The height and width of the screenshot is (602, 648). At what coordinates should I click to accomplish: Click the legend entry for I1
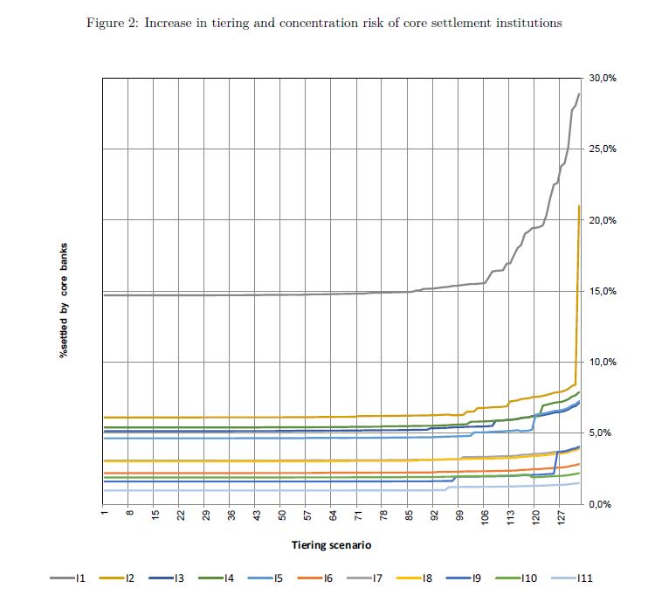click(x=67, y=578)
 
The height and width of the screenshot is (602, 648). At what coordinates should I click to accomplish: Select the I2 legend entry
click(x=117, y=578)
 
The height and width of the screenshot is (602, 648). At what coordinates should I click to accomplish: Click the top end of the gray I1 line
click(x=579, y=93)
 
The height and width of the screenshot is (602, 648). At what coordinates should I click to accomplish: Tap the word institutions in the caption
click(x=527, y=23)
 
